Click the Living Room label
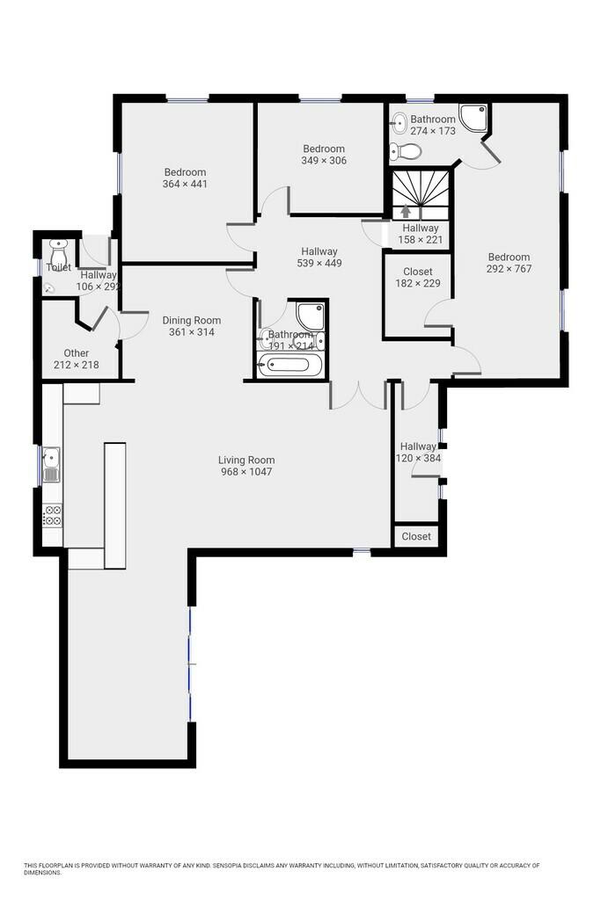pyautogui.click(x=246, y=460)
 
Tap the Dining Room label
pyautogui.click(x=191, y=320)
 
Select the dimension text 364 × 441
pyautogui.click(x=185, y=184)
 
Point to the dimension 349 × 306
pyautogui.click(x=324, y=161)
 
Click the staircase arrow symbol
pyautogui.click(x=406, y=211)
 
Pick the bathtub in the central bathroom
pyautogui.click(x=290, y=365)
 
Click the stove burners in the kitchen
pyautogui.click(x=52, y=515)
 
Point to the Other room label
pyautogui.click(x=77, y=353)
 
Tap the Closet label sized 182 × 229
pyautogui.click(x=418, y=272)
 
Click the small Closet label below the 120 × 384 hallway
pyautogui.click(x=416, y=536)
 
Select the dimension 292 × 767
pyautogui.click(x=509, y=269)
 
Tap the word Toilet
pyautogui.click(x=59, y=267)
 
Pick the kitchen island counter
pyautogui.click(x=115, y=505)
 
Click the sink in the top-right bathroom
pyautogui.click(x=399, y=121)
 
